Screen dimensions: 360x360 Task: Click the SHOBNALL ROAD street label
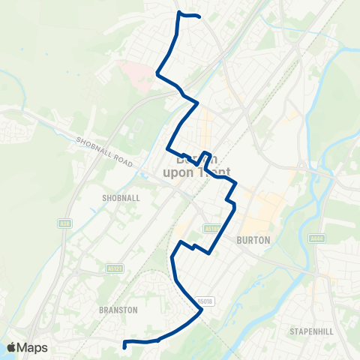(x=105, y=152)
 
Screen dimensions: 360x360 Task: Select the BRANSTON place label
(x=118, y=308)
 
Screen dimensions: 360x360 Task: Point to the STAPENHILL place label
(x=314, y=330)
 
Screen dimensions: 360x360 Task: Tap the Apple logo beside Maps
(x=11, y=347)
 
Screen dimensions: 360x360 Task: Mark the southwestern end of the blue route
(x=123, y=347)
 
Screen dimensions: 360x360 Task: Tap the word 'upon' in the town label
(x=177, y=172)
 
